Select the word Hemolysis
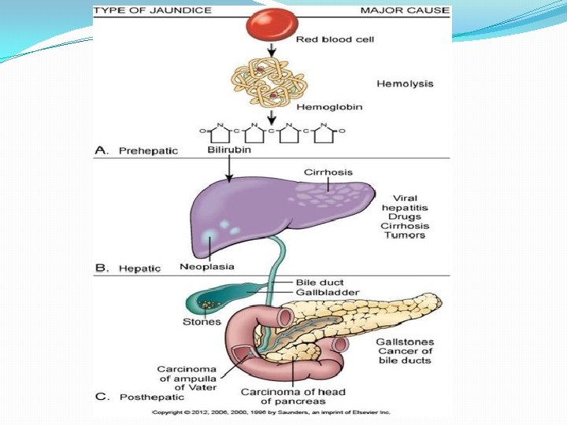tap(404, 83)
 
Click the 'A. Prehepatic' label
tap(137, 150)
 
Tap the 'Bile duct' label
tap(319, 282)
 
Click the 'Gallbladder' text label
tap(327, 292)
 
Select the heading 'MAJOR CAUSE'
tap(405, 10)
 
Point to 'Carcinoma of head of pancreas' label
tap(293, 397)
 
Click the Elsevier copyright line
tap(271, 412)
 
